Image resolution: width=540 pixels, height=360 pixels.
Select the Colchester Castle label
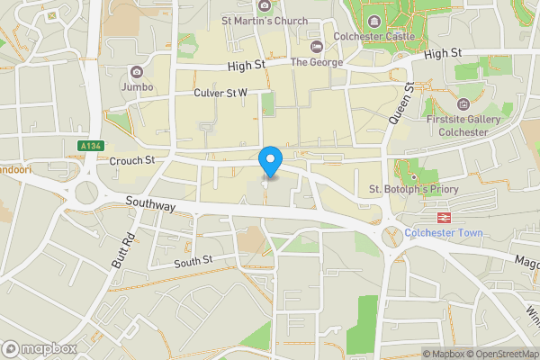(373, 36)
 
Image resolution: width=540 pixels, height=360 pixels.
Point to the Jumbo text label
(136, 87)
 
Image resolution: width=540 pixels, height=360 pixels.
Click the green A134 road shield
(89, 146)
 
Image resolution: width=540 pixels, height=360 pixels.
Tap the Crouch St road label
(132, 160)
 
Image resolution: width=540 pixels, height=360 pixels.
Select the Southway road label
(150, 205)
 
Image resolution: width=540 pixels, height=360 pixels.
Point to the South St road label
(193, 261)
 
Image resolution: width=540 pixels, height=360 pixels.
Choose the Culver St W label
(220, 93)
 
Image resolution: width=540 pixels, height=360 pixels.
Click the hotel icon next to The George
(315, 47)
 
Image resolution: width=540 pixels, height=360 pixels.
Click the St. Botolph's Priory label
(414, 189)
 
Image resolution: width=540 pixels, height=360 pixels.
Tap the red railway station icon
(444, 218)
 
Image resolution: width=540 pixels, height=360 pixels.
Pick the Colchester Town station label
(444, 233)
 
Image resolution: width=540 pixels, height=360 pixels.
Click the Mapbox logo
(40, 348)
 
